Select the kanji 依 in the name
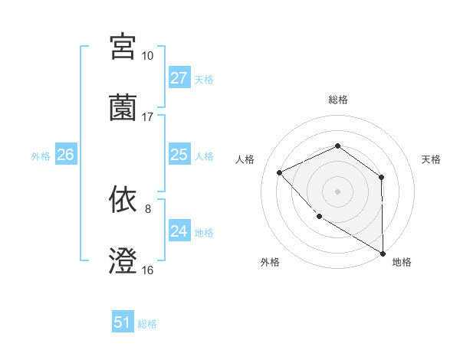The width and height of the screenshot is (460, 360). [123, 200]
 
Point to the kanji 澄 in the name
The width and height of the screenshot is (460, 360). [123, 261]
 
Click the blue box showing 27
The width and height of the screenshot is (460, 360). [179, 78]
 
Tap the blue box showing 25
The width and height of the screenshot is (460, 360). [179, 155]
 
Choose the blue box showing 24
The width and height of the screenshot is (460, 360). [179, 231]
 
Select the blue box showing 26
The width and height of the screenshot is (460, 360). [65, 155]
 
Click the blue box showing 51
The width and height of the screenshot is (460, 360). [122, 322]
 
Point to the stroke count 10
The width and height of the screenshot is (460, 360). [147, 56]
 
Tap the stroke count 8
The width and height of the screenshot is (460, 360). [147, 208]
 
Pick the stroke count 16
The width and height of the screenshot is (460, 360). [147, 270]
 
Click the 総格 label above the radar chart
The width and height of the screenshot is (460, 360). [337, 100]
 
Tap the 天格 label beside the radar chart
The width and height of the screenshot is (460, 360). [432, 159]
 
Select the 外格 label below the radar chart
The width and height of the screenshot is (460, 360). [270, 262]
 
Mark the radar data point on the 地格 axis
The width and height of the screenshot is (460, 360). [383, 253]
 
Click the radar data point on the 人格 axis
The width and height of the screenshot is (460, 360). [280, 172]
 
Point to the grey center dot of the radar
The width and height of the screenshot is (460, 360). [337, 191]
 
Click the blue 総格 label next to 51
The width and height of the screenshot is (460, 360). [147, 324]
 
